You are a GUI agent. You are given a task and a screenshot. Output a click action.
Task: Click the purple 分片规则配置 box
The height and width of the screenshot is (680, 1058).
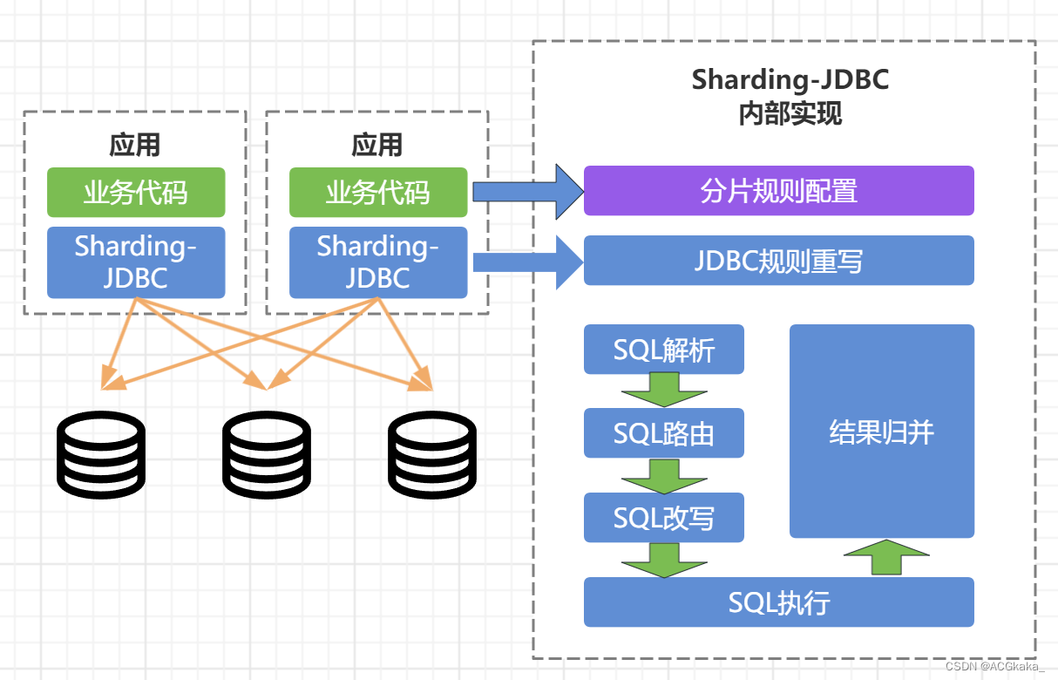pyautogui.click(x=778, y=191)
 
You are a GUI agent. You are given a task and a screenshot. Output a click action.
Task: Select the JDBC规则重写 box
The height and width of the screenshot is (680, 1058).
pyautogui.click(x=778, y=261)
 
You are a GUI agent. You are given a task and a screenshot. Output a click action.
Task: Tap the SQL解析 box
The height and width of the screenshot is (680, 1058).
pyautogui.click(x=664, y=350)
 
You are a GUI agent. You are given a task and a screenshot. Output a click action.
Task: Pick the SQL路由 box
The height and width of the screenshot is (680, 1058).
pyautogui.click(x=664, y=433)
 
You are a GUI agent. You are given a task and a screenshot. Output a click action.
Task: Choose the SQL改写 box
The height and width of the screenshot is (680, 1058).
pyautogui.click(x=664, y=518)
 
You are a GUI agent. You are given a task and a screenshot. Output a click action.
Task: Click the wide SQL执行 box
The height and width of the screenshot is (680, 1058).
pyautogui.click(x=778, y=602)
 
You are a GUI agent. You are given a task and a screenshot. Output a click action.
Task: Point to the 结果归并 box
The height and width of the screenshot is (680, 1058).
pyautogui.click(x=881, y=432)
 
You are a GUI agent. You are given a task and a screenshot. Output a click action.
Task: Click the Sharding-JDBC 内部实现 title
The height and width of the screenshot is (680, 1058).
pyautogui.click(x=790, y=96)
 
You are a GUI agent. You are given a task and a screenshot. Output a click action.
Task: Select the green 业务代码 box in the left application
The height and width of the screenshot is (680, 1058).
pyautogui.click(x=136, y=193)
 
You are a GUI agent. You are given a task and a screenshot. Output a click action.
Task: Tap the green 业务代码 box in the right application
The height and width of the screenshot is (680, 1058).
pyautogui.click(x=378, y=193)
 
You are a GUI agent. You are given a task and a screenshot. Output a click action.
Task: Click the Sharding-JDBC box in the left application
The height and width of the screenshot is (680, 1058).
pyautogui.click(x=136, y=262)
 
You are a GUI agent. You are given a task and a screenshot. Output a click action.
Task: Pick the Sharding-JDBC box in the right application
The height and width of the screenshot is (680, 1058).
pyautogui.click(x=378, y=262)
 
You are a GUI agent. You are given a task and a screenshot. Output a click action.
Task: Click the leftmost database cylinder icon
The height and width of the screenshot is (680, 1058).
pyautogui.click(x=101, y=455)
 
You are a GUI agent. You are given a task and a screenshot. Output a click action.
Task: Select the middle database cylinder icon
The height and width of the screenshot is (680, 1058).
pyautogui.click(x=267, y=455)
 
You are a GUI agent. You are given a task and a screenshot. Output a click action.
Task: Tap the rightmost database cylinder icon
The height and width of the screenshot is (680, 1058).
pyautogui.click(x=432, y=455)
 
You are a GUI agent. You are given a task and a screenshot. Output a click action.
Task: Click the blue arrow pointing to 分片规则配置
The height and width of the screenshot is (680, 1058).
pyautogui.click(x=526, y=191)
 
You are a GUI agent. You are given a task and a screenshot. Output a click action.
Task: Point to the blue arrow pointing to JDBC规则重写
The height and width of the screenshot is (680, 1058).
pyautogui.click(x=526, y=261)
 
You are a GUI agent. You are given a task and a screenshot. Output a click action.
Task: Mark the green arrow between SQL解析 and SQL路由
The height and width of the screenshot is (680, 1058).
pyautogui.click(x=664, y=389)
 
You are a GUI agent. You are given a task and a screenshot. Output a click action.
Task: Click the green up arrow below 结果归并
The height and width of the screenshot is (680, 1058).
pyautogui.click(x=886, y=557)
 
